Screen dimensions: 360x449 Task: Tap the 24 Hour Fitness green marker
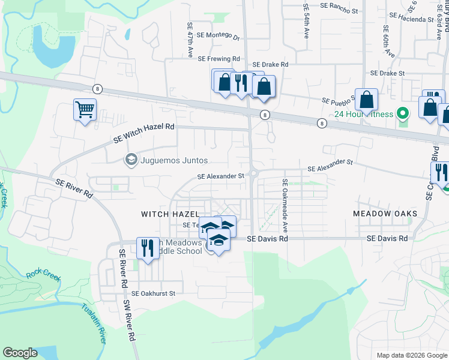[403, 113]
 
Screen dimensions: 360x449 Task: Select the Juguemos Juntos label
[174, 160]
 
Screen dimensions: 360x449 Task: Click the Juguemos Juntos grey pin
[130, 160]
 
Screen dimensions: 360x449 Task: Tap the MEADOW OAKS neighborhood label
[381, 214]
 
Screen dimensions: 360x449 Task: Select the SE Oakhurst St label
[153, 293]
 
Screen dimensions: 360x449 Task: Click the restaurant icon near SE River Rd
[147, 247]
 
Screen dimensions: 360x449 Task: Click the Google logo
[20, 353]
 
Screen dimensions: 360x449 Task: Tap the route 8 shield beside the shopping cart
[97, 89]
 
